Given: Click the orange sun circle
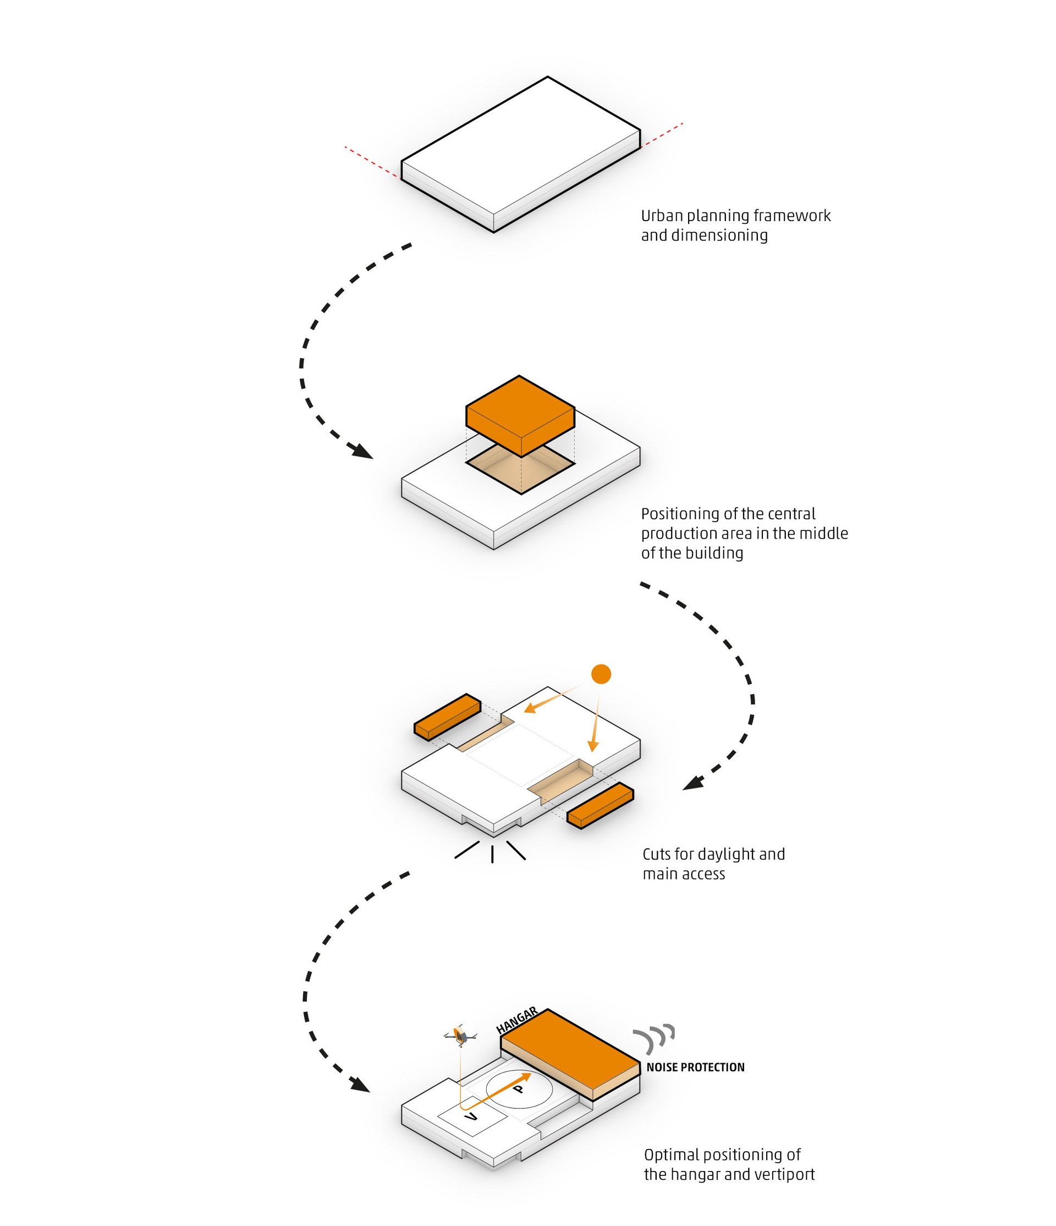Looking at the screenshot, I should (601, 674).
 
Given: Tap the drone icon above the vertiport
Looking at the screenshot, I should (460, 1036).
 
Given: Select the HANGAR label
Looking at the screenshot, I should (516, 1021).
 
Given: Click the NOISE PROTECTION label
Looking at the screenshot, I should (695, 1068).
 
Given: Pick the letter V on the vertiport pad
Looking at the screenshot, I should (471, 1117).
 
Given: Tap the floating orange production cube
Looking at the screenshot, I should (520, 414).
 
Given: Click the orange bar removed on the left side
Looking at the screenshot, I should (447, 716).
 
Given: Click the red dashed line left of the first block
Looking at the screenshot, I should (373, 163).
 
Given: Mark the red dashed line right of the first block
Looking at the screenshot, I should (662, 135).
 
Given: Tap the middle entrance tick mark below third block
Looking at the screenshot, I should (492, 853).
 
